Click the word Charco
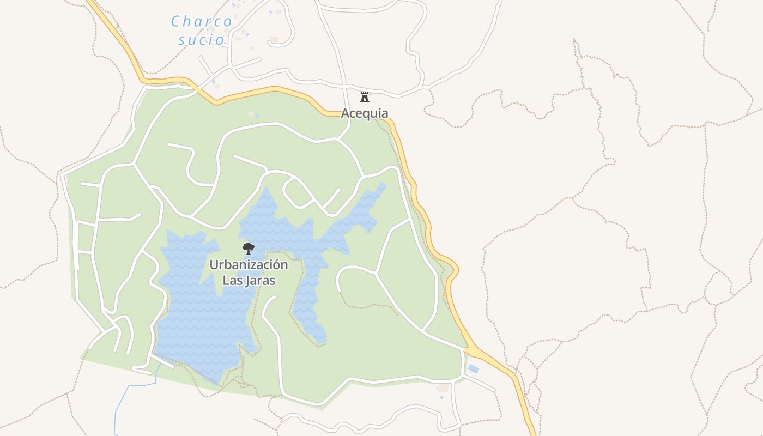click(x=201, y=21)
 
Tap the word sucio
click(x=201, y=40)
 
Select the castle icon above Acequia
click(x=365, y=98)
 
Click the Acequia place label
click(x=365, y=113)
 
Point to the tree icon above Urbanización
click(x=249, y=249)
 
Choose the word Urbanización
click(x=249, y=265)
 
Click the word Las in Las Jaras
click(x=232, y=281)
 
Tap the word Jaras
click(x=259, y=281)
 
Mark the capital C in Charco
click(x=175, y=22)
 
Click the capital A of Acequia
click(x=345, y=113)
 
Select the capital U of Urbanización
click(x=214, y=265)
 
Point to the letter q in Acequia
click(x=365, y=114)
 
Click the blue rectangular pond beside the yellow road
click(x=473, y=369)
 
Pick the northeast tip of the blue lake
click(x=384, y=185)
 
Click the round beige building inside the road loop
click(x=274, y=39)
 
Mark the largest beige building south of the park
click(x=443, y=388)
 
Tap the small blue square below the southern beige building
click(x=441, y=398)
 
